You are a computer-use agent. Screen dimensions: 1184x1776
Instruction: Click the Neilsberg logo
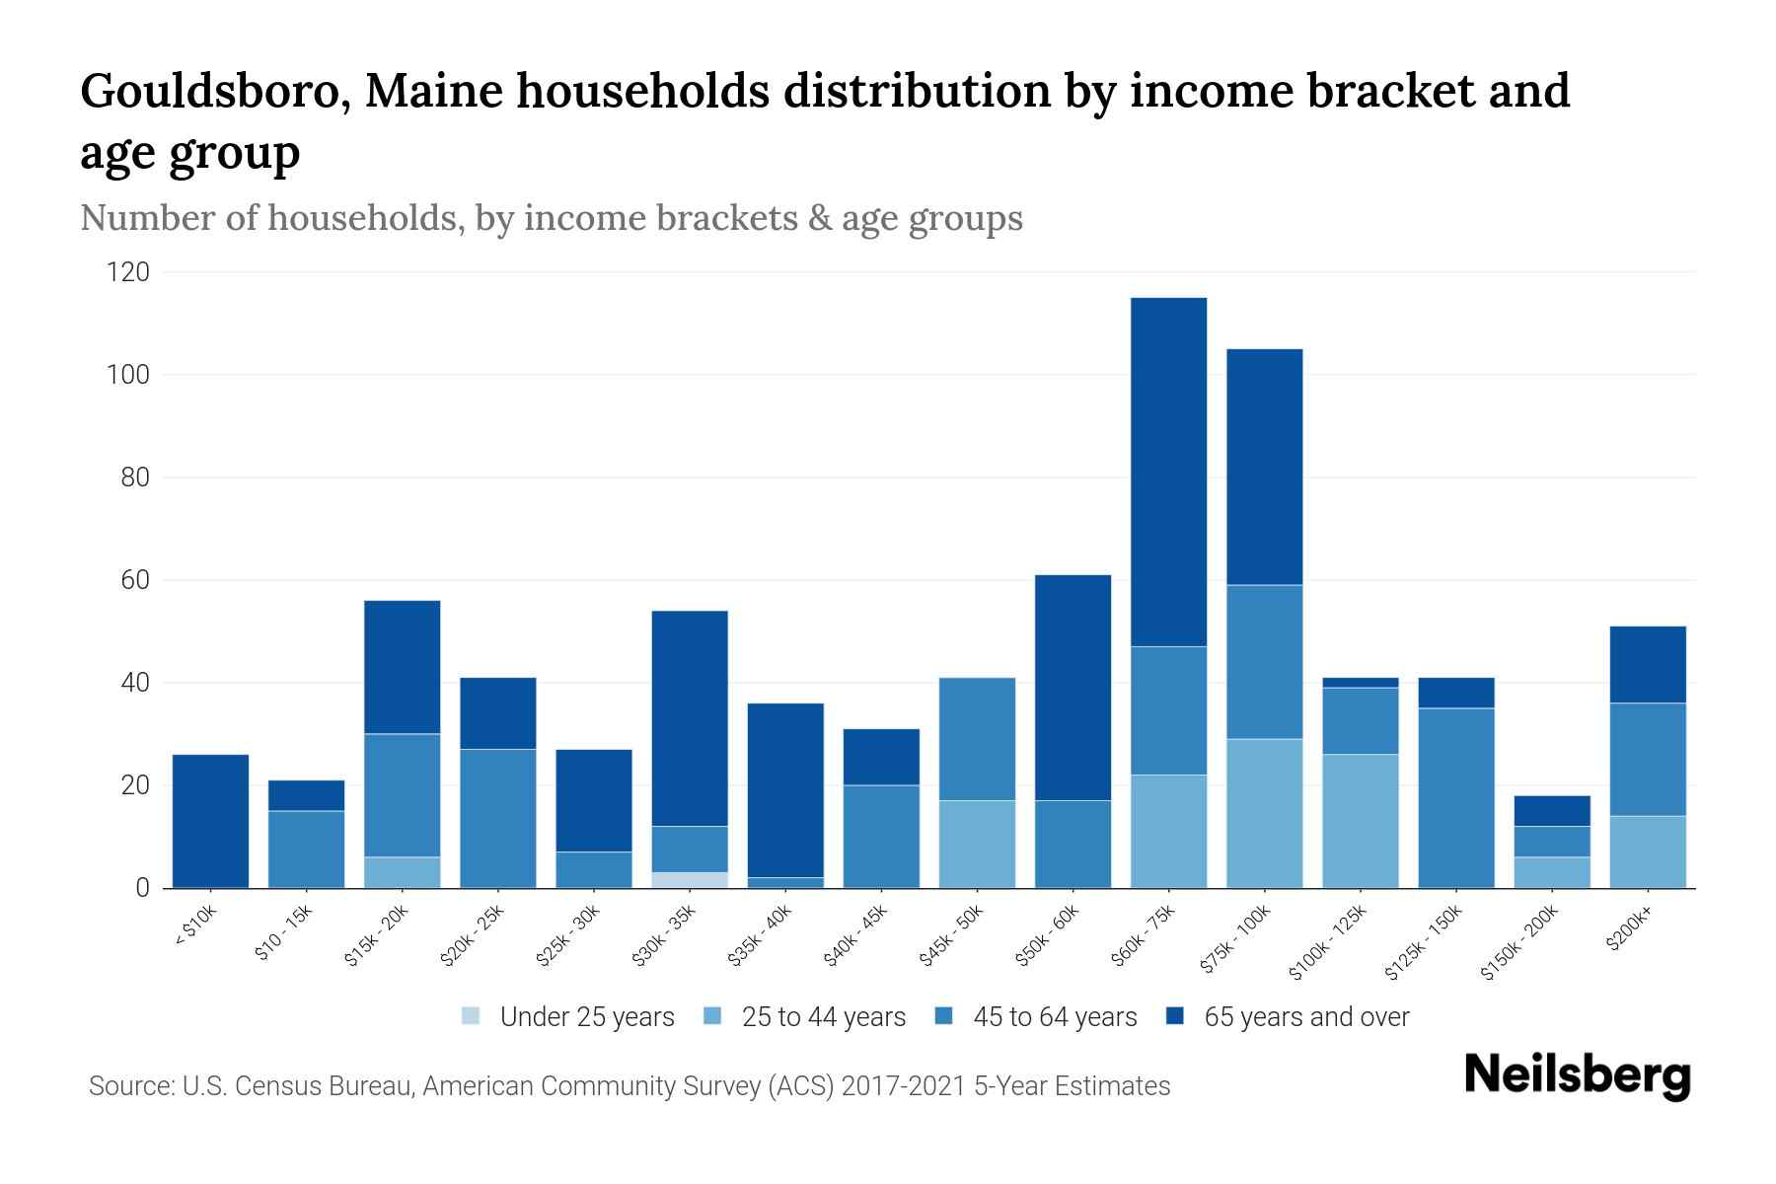tap(1577, 1075)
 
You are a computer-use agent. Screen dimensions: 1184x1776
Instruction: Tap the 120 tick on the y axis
tap(128, 272)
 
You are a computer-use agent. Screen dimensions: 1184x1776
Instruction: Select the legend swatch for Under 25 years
tap(472, 1016)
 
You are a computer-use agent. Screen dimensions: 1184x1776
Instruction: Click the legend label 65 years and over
tap(1306, 1017)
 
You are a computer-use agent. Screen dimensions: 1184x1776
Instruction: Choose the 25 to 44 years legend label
tap(824, 1017)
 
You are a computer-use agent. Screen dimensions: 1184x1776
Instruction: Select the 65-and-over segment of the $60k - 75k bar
tap(1168, 472)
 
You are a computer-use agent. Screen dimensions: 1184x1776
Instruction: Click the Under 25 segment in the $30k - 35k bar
tap(690, 880)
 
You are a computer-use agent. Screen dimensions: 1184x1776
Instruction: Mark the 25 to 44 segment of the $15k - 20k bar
tap(402, 872)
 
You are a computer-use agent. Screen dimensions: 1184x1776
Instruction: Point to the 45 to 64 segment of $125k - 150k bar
tap(1456, 797)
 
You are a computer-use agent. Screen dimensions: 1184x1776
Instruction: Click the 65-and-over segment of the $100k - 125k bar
tap(1361, 683)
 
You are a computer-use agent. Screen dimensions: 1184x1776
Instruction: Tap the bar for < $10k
tap(210, 821)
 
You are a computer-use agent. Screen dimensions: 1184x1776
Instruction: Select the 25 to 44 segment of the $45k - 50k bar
tap(977, 844)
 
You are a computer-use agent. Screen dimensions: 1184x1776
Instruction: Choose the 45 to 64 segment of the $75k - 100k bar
tap(1264, 662)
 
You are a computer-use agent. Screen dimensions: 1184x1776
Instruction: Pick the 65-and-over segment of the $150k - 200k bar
tap(1552, 811)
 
